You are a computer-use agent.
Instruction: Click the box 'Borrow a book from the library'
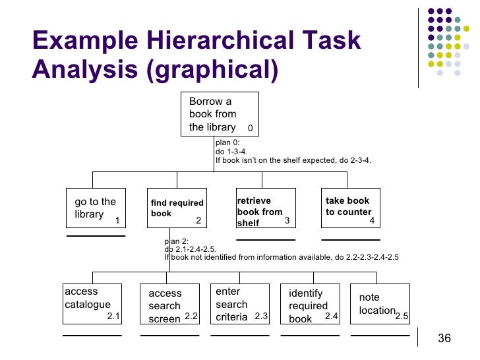pos(220,114)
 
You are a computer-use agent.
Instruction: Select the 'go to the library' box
pos(96,208)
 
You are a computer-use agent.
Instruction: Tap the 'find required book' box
pos(177,208)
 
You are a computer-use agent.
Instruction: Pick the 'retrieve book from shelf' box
pos(266,208)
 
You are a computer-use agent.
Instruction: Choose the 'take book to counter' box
pos(350,208)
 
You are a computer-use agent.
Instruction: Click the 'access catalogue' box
pos(92,303)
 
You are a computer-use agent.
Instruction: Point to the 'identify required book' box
pos(309,304)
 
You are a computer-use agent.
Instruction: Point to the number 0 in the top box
pos(251,128)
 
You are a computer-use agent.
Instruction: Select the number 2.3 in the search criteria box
pos(261,317)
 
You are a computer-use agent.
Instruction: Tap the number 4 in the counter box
pos(372,221)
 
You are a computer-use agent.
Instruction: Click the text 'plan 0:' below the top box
pos(227,142)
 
